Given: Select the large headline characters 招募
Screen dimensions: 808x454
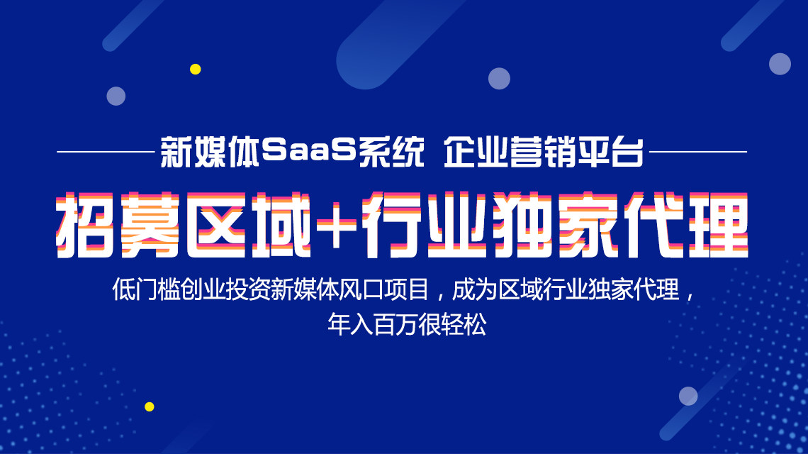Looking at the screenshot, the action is click(118, 225).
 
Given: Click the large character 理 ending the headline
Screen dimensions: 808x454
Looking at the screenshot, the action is click(717, 225).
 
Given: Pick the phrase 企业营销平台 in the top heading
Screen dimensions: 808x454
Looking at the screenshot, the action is click(544, 152).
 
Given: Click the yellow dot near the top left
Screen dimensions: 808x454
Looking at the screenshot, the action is click(196, 69).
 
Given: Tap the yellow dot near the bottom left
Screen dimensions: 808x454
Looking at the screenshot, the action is click(150, 406).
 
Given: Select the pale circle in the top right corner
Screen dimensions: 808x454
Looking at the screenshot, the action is click(780, 64).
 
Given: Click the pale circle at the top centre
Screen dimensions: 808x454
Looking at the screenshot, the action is click(500, 79).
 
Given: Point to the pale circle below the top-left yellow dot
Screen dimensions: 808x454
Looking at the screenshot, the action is click(116, 96).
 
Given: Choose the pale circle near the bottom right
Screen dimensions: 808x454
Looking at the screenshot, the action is click(688, 397).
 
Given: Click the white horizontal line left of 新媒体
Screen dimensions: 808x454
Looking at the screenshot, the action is click(106, 152).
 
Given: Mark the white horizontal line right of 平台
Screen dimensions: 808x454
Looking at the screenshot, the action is click(698, 152).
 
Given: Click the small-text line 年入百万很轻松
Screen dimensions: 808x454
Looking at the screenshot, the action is click(407, 325).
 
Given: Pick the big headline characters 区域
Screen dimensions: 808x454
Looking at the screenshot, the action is click(248, 225).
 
